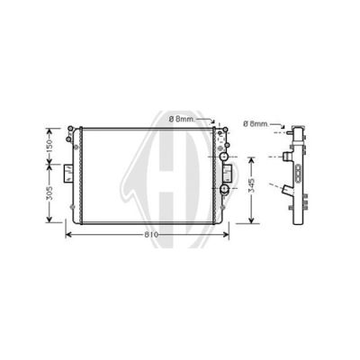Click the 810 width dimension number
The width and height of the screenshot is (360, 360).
point(151,235)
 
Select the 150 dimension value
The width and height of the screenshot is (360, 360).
point(49,147)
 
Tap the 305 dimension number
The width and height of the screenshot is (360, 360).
point(49,193)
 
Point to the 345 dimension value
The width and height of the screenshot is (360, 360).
point(251,185)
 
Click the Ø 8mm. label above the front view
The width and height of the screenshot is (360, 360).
point(182,120)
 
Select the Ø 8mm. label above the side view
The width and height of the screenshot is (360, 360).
point(256,123)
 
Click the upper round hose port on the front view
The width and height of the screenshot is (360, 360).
point(224,157)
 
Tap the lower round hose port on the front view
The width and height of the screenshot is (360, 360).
point(224,189)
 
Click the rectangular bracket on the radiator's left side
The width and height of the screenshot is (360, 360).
point(68,173)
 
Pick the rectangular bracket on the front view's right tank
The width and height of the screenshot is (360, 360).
point(227,173)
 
